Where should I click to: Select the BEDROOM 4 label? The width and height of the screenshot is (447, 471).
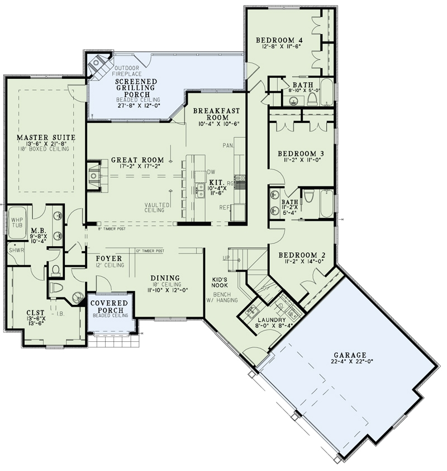click(279, 40)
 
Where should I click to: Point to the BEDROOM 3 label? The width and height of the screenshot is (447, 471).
click(301, 153)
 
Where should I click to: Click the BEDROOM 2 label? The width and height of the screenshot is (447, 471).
click(302, 255)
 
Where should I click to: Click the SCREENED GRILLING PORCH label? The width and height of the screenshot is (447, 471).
click(136, 87)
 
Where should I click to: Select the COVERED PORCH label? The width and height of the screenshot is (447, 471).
click(110, 307)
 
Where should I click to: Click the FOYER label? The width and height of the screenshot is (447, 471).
click(108, 258)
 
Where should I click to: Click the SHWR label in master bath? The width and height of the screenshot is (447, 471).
click(16, 251)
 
